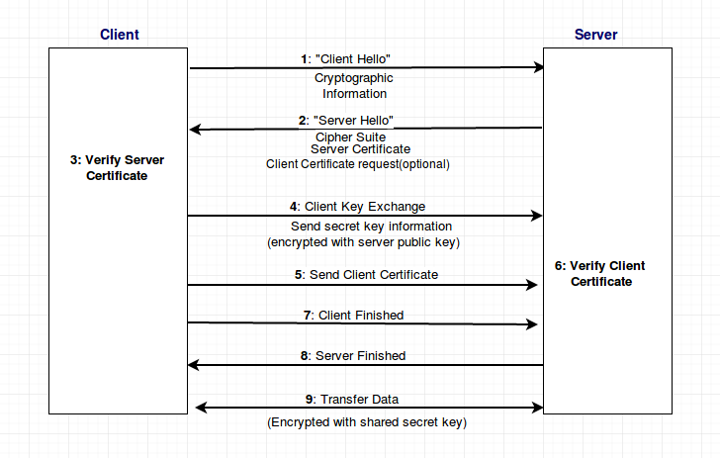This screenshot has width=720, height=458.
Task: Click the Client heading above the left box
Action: tap(120, 35)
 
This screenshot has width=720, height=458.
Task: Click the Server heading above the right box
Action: tap(596, 35)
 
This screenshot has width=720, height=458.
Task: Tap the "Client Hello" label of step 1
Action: tap(353, 58)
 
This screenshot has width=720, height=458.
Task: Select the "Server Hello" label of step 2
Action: tap(353, 121)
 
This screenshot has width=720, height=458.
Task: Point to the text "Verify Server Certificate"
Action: tap(117, 168)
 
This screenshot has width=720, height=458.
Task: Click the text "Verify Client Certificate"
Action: tap(600, 274)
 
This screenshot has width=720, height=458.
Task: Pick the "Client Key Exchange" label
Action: tap(365, 207)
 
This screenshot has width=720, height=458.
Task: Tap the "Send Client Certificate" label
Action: tap(374, 275)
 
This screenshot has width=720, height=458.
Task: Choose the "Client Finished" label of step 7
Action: tap(361, 316)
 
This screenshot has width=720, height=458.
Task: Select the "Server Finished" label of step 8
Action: tap(360, 355)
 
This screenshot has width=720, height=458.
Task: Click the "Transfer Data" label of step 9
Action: tap(359, 400)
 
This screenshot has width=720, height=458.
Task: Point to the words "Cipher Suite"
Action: tap(350, 137)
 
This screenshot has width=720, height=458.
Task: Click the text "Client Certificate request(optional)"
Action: tap(358, 164)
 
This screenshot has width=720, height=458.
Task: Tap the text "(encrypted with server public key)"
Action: tap(363, 242)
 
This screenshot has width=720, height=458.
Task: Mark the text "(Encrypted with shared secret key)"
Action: tap(367, 422)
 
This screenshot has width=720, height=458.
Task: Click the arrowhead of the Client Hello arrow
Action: tap(539, 67)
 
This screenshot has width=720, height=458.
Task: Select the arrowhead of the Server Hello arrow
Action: tap(195, 129)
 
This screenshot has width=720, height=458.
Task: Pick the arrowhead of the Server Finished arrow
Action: tap(193, 365)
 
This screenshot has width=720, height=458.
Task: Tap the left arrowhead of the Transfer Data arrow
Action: tap(201, 407)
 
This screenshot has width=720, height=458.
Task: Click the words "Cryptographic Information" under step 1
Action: tap(354, 86)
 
